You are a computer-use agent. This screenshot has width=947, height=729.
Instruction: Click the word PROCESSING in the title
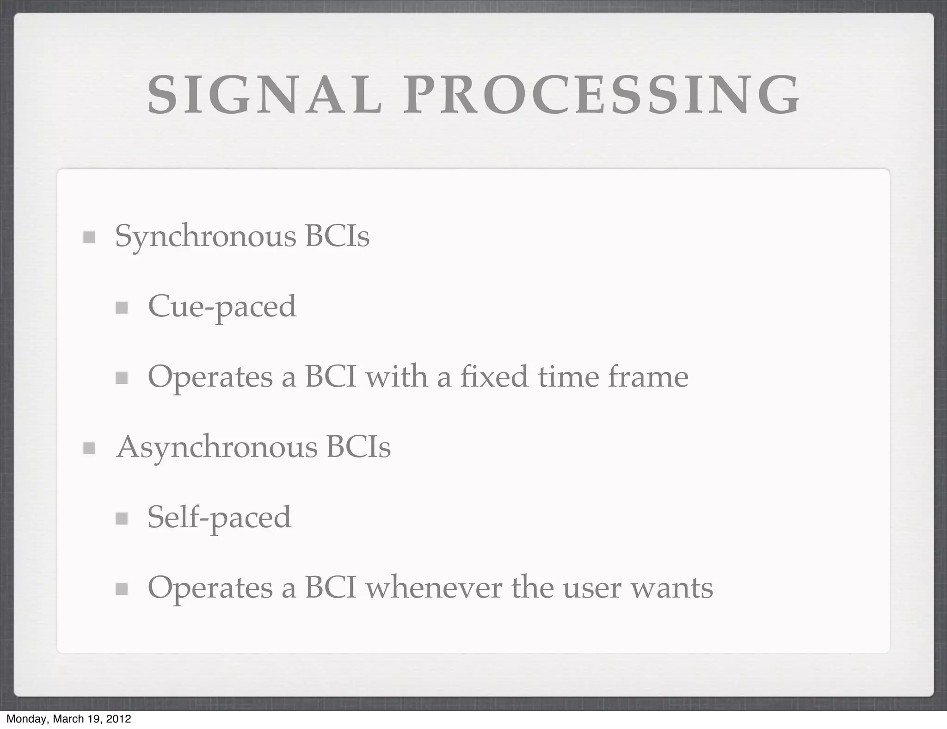[x=601, y=95]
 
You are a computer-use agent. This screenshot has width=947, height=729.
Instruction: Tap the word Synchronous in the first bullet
[x=205, y=237]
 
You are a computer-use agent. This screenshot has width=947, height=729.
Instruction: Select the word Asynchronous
[x=217, y=448]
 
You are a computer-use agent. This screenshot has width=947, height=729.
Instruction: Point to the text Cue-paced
[x=222, y=307]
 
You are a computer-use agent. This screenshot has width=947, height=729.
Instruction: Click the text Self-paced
[x=219, y=518]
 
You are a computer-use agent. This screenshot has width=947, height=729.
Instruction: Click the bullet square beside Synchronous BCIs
[x=89, y=238]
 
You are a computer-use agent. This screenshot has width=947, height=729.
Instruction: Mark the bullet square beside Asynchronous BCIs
[x=89, y=448]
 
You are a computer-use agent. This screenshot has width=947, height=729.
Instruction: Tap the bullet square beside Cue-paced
[x=122, y=308]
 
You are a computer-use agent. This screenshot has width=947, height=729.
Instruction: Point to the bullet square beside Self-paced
[x=122, y=519]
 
